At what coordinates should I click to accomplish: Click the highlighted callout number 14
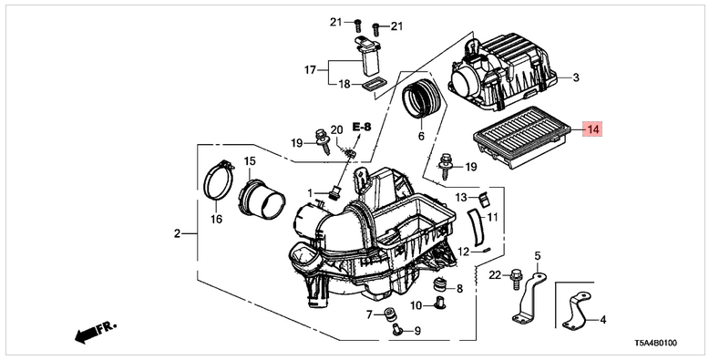592,129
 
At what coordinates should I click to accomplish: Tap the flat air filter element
517,137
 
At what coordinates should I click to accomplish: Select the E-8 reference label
362,127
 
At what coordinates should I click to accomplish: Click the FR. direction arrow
96,332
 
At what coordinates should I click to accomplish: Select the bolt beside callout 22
516,280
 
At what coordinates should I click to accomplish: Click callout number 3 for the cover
576,77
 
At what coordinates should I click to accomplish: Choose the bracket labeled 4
576,312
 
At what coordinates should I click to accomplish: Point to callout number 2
177,234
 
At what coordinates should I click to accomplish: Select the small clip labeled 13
483,199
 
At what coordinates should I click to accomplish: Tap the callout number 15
250,160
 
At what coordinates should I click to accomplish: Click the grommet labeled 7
388,313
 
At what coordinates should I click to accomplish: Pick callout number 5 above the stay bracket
538,256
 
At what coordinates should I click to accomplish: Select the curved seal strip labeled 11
476,228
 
